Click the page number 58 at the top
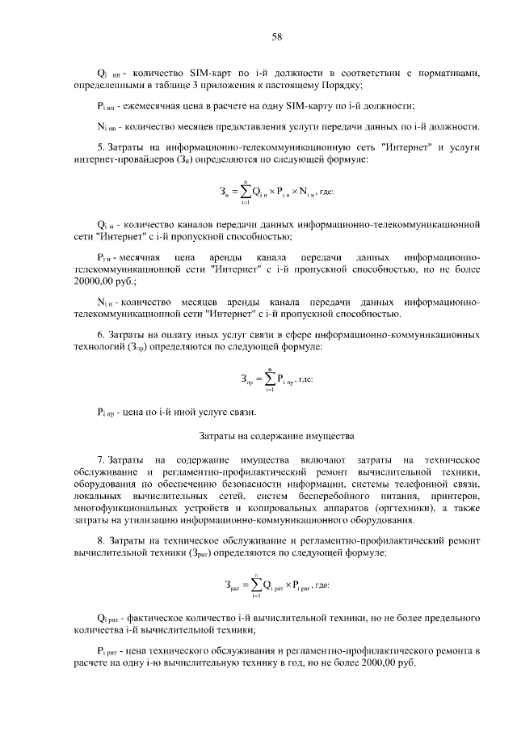pyautogui.click(x=275, y=37)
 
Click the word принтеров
pyautogui.click(x=455, y=494)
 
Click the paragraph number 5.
pyautogui.click(x=99, y=148)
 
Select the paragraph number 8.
pyautogui.click(x=99, y=539)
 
